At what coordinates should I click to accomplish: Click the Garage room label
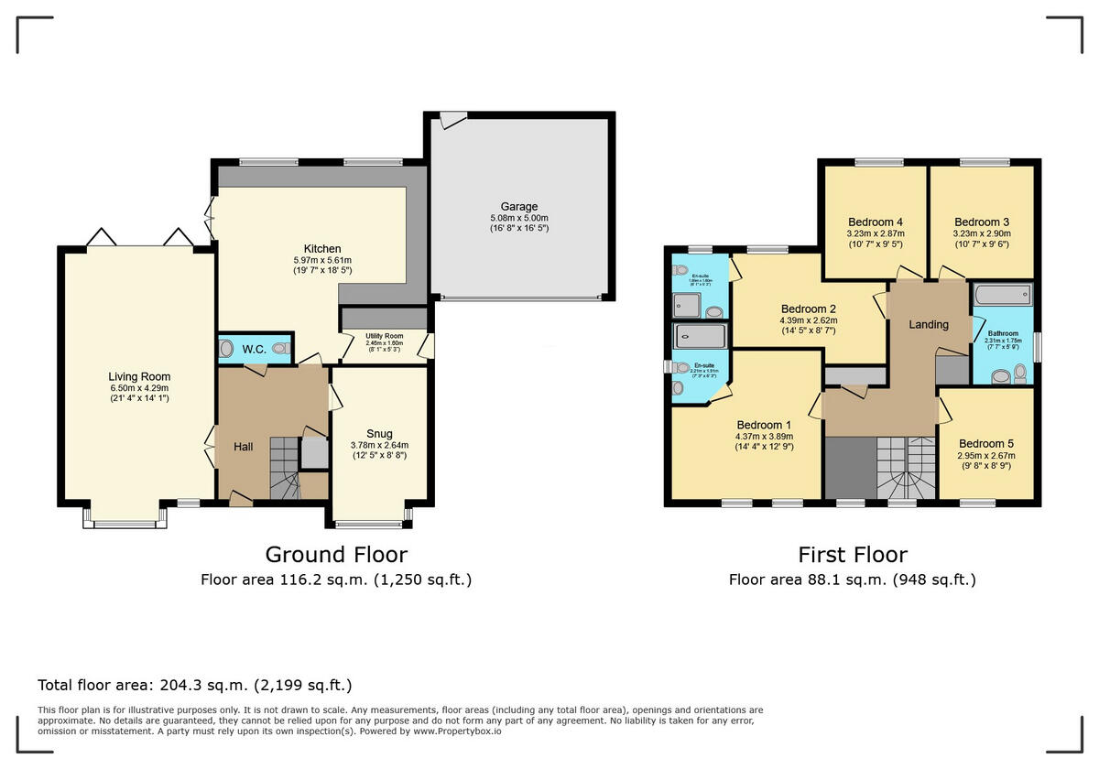click(x=518, y=207)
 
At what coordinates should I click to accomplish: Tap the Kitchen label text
click(x=322, y=249)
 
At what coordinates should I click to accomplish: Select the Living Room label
click(x=139, y=376)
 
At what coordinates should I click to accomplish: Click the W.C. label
click(x=254, y=349)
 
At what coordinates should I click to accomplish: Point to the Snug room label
click(x=379, y=434)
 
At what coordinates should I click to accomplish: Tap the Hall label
click(x=244, y=447)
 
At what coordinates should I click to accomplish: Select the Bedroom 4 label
click(x=876, y=222)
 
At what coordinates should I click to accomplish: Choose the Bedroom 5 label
click(x=985, y=443)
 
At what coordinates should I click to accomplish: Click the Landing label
click(x=928, y=324)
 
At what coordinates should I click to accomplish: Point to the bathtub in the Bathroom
click(x=1003, y=296)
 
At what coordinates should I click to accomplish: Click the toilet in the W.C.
click(x=226, y=349)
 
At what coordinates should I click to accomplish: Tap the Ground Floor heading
click(x=336, y=555)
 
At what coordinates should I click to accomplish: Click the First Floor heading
click(x=852, y=555)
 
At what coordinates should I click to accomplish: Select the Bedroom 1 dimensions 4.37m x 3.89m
click(x=763, y=437)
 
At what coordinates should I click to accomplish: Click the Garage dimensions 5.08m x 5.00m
click(x=518, y=218)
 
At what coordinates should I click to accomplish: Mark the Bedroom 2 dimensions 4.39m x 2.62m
click(x=809, y=320)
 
